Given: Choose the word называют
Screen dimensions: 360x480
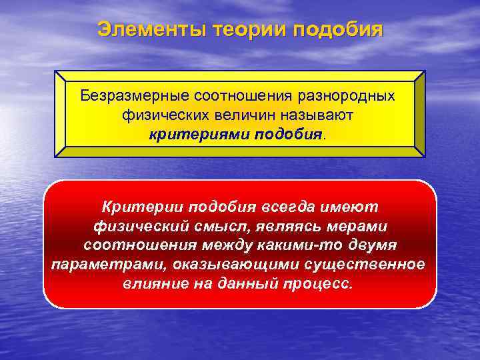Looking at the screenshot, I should click(312, 115).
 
